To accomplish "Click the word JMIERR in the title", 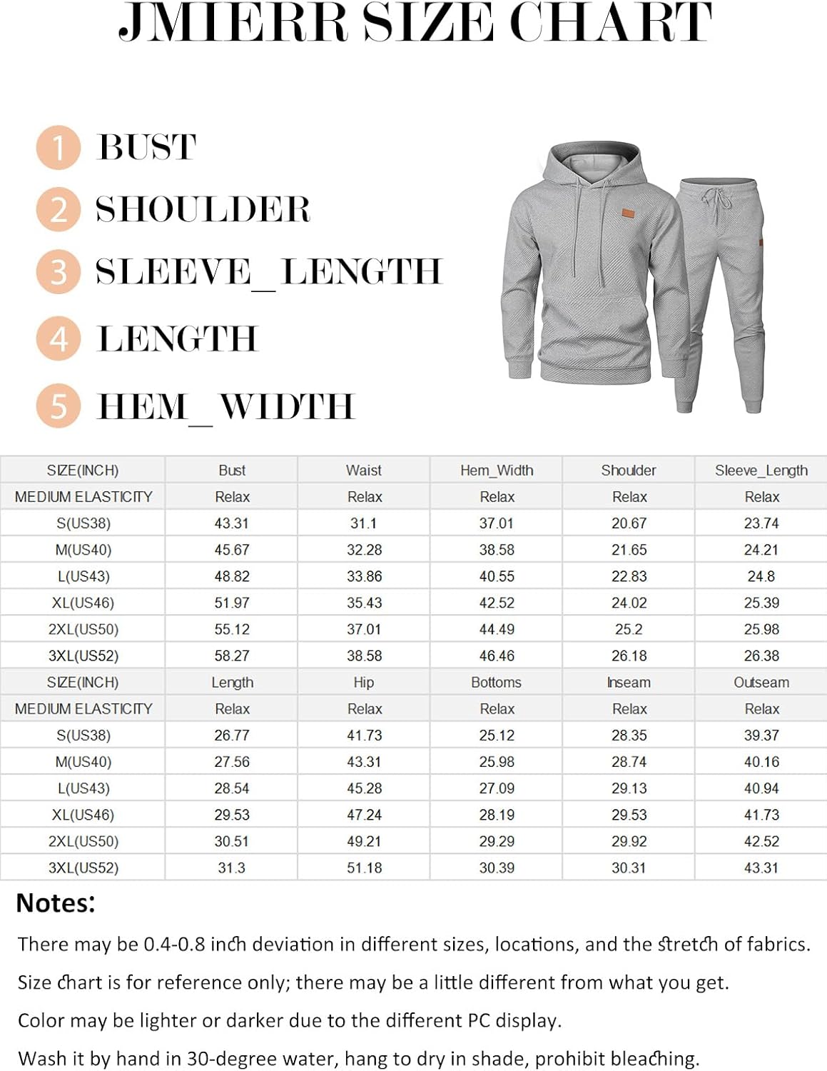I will point(233,23).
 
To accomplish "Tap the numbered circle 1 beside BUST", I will point(58,148).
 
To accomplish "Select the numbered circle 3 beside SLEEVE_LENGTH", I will point(59,271).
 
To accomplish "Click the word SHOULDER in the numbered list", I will point(203,209).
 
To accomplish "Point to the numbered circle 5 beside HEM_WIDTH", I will point(59,406).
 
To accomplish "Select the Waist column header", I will point(364,470).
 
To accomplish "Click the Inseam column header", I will point(629,682).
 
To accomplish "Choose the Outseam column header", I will point(761,682).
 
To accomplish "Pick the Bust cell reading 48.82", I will point(232,576).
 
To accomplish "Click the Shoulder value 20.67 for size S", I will point(629,523).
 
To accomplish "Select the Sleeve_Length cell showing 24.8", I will point(761,576).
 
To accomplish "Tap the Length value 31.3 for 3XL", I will point(232,868).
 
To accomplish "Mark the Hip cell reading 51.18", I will point(364,868).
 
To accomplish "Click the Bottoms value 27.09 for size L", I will point(497,788).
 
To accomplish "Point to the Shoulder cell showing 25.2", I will point(629,629).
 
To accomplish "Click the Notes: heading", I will point(56,903).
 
